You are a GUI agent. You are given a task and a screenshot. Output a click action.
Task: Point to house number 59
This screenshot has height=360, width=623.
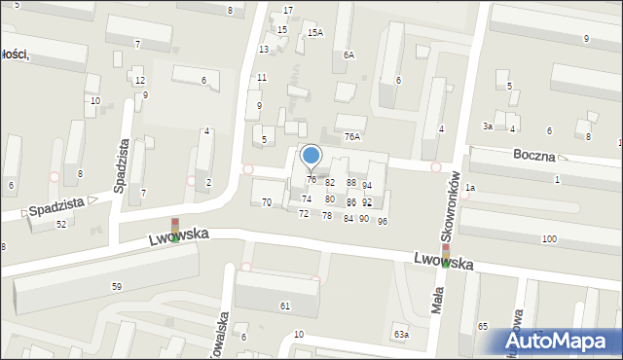[x=116, y=286]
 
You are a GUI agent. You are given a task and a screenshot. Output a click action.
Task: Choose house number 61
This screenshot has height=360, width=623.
[x=285, y=306]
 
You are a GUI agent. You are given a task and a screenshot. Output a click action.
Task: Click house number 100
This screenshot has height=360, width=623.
[x=549, y=238]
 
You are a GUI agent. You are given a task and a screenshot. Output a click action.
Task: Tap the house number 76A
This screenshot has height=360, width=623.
[x=351, y=137]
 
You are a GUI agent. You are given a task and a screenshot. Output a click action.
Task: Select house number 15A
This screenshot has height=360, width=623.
[x=314, y=33]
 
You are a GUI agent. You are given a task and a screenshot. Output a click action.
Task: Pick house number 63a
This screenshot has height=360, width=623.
[x=401, y=335]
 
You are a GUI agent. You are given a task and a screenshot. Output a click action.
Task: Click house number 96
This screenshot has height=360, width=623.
[x=383, y=221]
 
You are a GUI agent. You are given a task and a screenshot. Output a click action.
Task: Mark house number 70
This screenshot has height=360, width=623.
[x=267, y=202]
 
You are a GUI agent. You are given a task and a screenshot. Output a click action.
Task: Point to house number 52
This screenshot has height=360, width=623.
[x=61, y=225]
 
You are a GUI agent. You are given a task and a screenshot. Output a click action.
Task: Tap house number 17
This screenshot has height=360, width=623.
[x=287, y=10]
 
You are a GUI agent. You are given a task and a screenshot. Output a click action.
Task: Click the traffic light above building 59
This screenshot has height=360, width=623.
[x=175, y=231]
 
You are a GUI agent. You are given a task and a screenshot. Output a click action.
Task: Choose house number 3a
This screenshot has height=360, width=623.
[x=488, y=126]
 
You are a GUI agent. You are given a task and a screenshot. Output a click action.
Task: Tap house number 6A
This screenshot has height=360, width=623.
[x=348, y=55]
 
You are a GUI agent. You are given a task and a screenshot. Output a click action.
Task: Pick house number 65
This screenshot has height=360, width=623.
[x=483, y=326]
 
